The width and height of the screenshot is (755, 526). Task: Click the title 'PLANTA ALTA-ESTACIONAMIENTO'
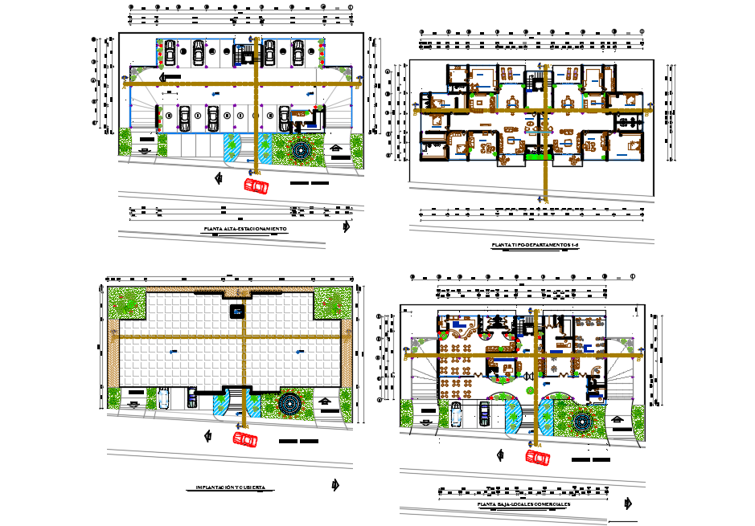coord(245,229)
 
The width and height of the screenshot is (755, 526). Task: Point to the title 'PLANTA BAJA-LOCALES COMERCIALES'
coord(523,504)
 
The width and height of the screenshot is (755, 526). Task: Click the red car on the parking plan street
coord(256,186)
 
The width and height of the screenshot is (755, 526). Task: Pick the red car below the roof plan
coord(245,439)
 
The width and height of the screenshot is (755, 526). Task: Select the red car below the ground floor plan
coord(537,456)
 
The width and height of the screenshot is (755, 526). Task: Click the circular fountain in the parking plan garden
coord(301,150)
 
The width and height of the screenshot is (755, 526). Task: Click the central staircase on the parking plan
coord(244,55)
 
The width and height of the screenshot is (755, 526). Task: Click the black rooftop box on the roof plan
coord(238,311)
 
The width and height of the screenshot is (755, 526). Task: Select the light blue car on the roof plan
coord(164,398)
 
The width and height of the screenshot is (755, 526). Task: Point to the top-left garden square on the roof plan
coord(126,303)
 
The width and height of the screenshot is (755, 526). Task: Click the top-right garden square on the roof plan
coord(330,303)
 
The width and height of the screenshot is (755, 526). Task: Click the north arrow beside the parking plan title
coord(346,226)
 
